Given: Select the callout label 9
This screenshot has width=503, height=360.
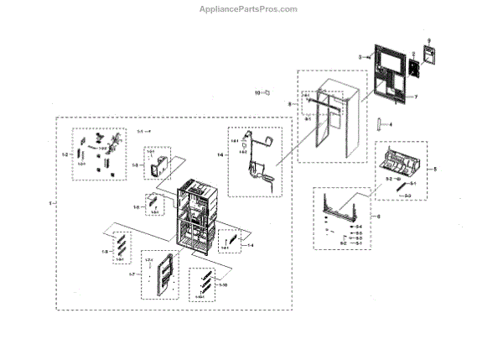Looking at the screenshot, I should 429,41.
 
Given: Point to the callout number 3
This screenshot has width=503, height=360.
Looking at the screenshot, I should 360,56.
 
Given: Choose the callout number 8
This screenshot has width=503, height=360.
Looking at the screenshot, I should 290,104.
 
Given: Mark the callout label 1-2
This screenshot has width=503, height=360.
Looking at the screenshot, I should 65,155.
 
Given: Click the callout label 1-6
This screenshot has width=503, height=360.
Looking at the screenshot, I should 137,206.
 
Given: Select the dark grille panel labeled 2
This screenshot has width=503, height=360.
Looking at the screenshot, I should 412,68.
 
